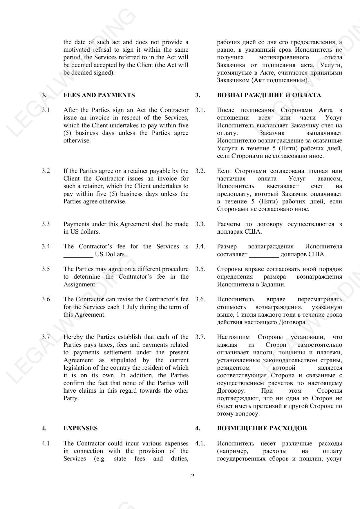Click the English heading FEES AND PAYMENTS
pyautogui.click(x=99, y=95)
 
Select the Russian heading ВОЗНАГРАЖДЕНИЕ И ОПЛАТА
pyautogui.click(x=269, y=95)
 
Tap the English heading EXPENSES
pyautogui.click(x=80, y=428)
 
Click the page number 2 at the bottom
pyautogui.click(x=193, y=476)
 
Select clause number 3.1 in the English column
pyautogui.click(x=46, y=110)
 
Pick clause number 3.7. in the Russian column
pyautogui.click(x=200, y=337)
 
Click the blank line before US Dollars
pyautogui.click(x=78, y=254)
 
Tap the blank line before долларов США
pyautogui.click(x=264, y=254)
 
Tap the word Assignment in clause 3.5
pyautogui.click(x=80, y=284)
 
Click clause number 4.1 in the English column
pyautogui.click(x=46, y=443)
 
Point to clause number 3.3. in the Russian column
pyautogui.click(x=200, y=224)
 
